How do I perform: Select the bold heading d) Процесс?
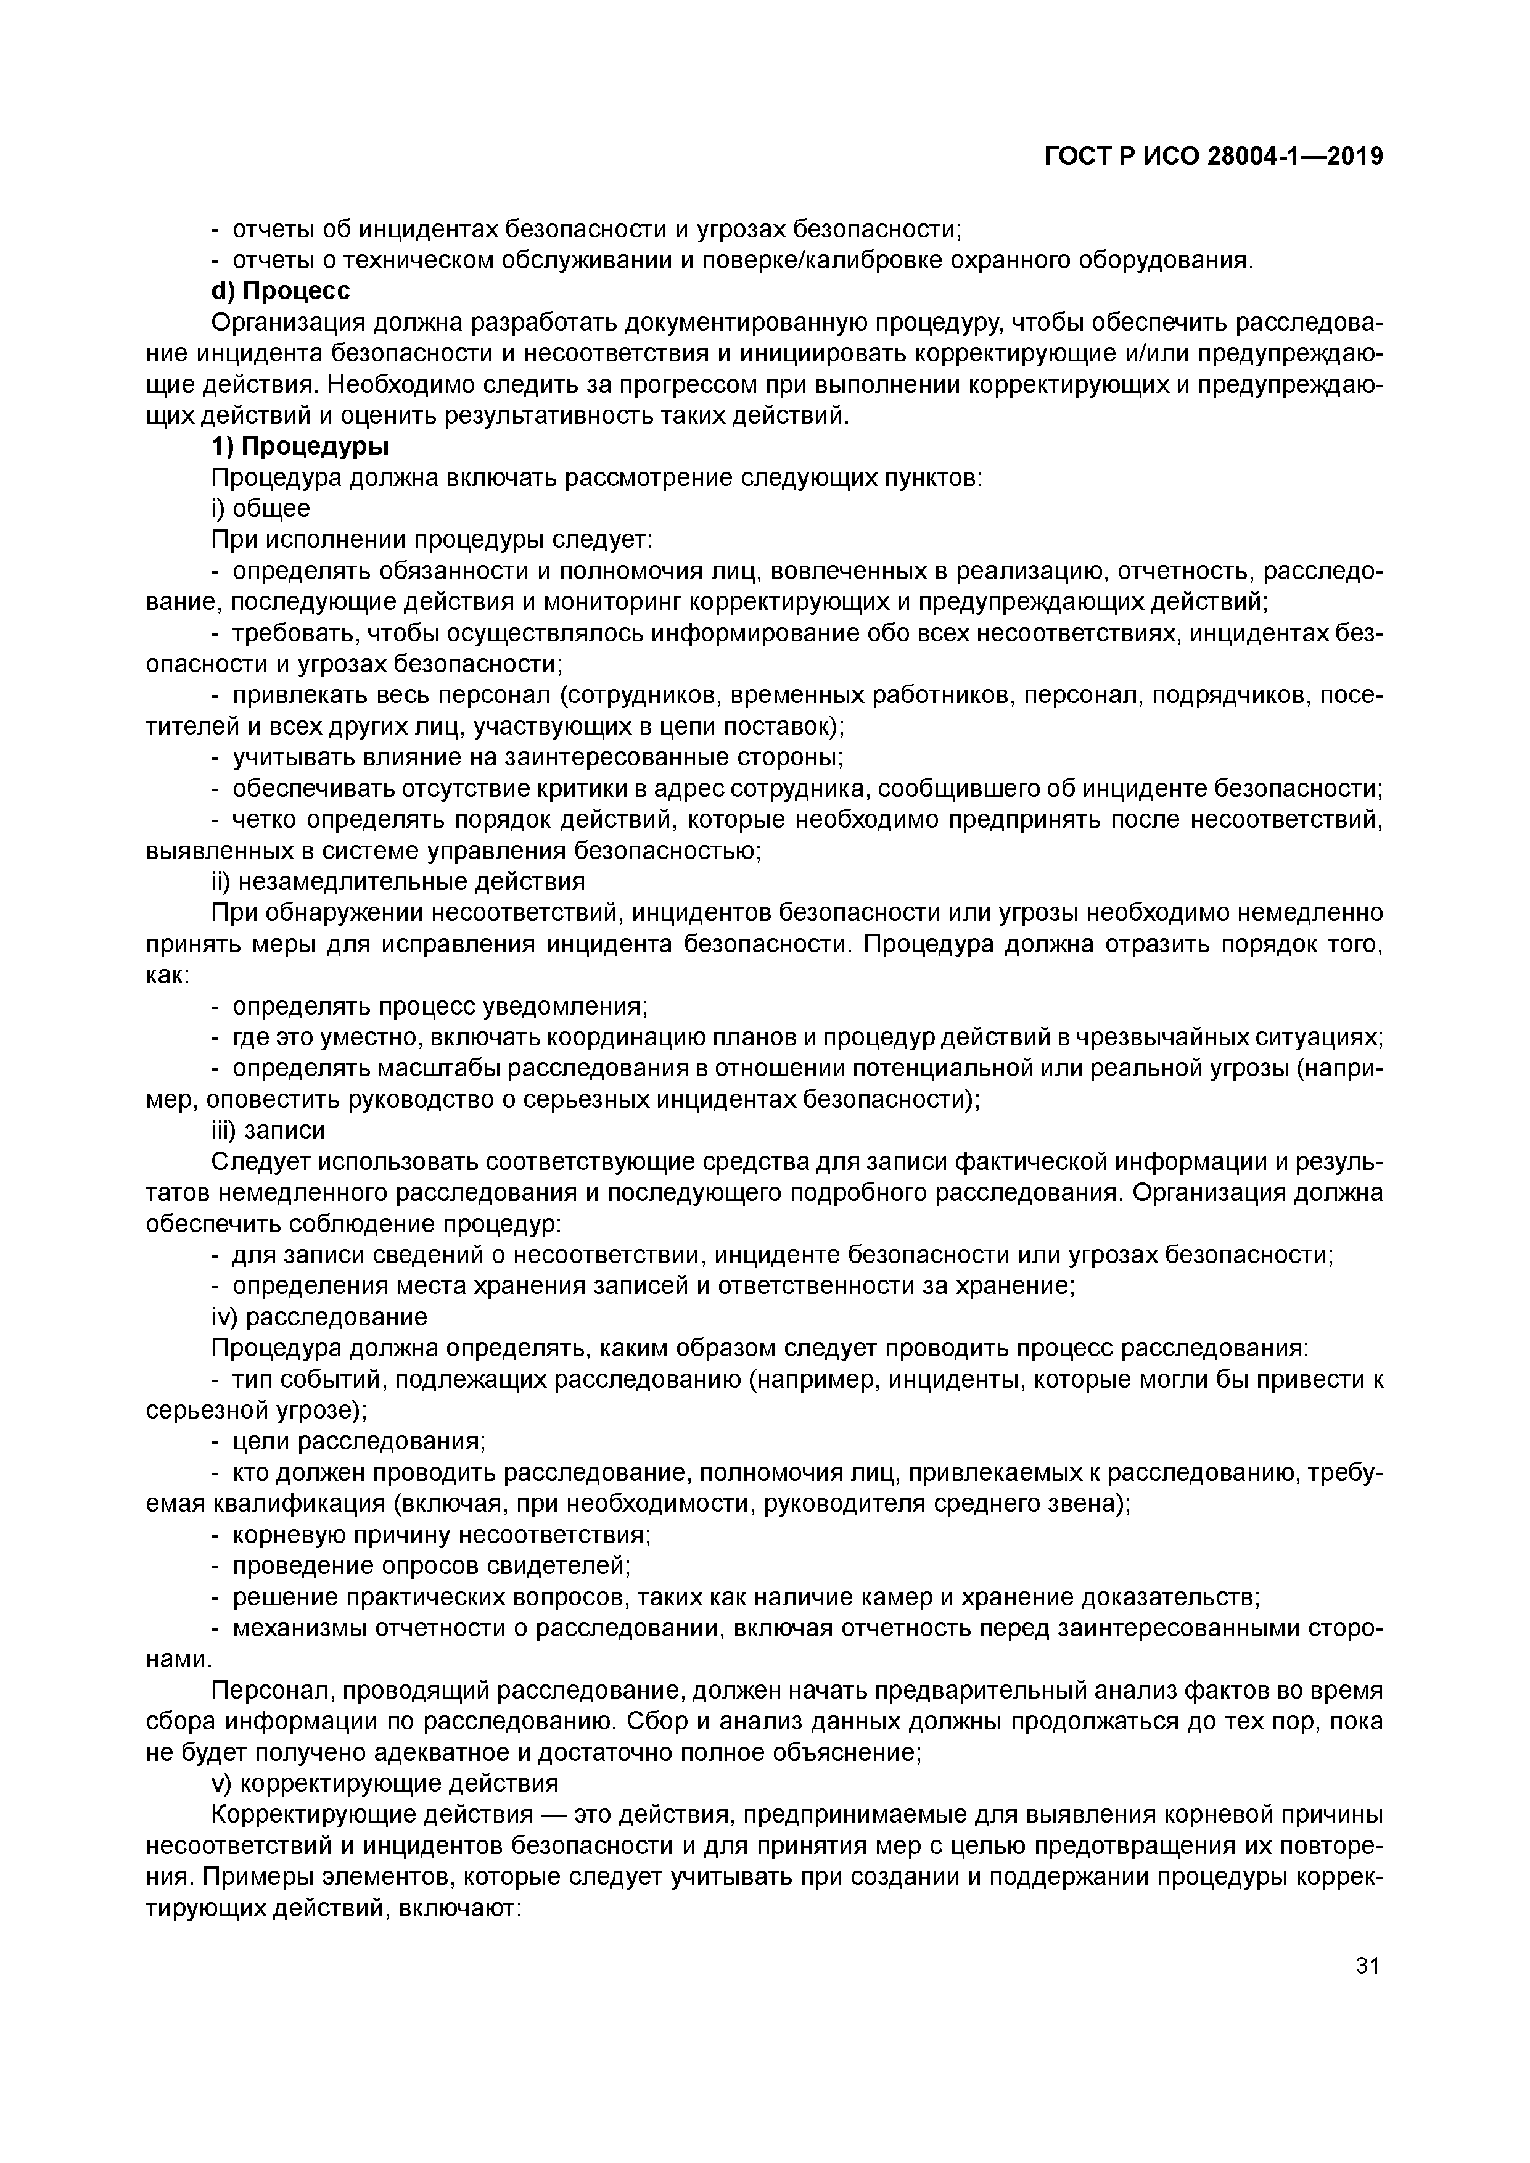click(x=280, y=291)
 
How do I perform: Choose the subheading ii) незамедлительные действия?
click(x=398, y=882)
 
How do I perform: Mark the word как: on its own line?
click(x=168, y=975)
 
